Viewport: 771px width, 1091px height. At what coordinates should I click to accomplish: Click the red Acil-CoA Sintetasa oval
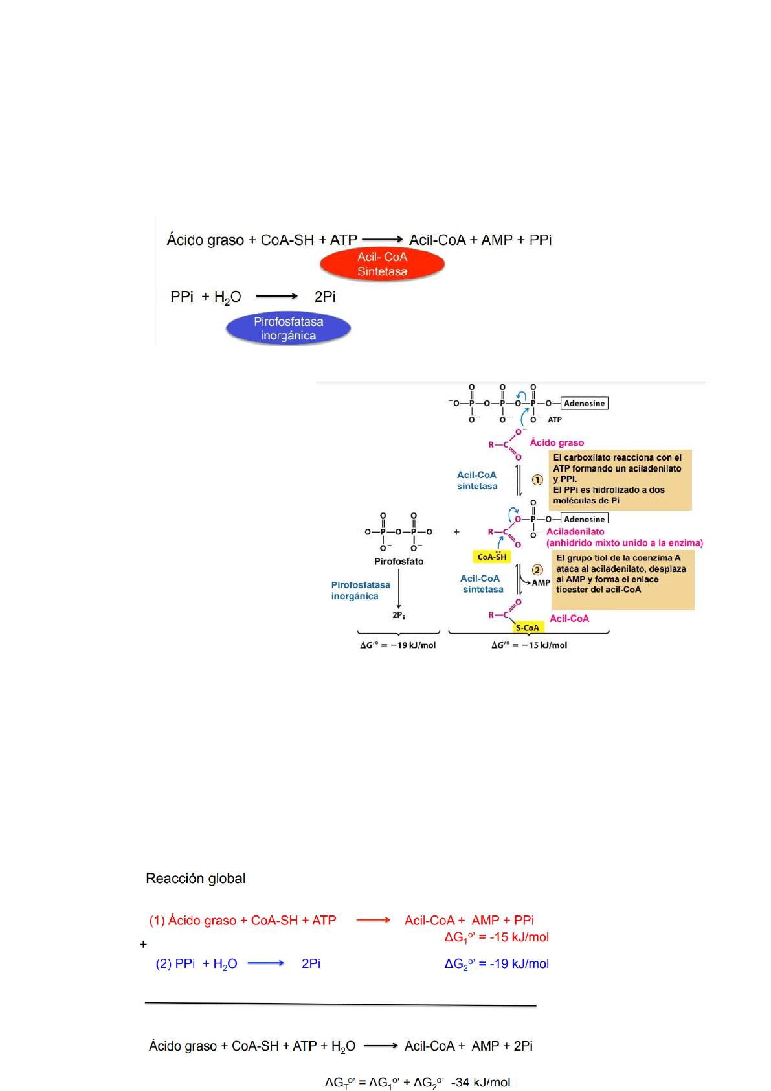click(x=382, y=264)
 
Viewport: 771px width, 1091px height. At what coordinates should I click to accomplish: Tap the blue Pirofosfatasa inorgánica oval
click(x=288, y=328)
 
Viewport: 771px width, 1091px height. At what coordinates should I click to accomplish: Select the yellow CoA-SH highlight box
click(x=492, y=557)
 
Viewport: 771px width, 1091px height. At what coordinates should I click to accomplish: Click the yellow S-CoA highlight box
click(x=527, y=628)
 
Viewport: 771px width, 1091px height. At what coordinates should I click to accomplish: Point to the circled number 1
click(x=537, y=480)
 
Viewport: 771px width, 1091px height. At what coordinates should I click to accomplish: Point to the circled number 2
click(x=537, y=570)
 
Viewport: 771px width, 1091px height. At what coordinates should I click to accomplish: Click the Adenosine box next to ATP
click(x=584, y=404)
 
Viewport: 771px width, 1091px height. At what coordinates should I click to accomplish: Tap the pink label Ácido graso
click(x=557, y=442)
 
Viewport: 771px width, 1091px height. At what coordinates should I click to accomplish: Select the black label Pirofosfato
click(x=399, y=562)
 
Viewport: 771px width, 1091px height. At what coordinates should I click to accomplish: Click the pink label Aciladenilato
click(x=575, y=532)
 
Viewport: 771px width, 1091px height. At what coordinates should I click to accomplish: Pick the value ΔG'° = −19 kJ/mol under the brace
click(x=398, y=645)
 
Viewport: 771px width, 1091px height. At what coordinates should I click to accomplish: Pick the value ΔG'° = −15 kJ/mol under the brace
click(x=529, y=645)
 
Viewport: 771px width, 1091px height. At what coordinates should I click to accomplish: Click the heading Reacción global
click(x=196, y=879)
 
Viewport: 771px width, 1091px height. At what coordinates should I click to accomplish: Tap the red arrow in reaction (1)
click(x=374, y=920)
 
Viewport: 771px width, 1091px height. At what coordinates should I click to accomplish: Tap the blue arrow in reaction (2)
click(x=265, y=963)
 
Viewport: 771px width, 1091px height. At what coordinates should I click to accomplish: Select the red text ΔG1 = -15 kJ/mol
click(x=497, y=937)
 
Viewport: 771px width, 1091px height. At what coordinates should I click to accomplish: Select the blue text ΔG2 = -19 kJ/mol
click(x=497, y=964)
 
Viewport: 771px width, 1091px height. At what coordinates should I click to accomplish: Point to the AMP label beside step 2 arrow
click(x=541, y=582)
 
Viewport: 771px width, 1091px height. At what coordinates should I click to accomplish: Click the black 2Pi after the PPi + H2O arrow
click(x=325, y=297)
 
